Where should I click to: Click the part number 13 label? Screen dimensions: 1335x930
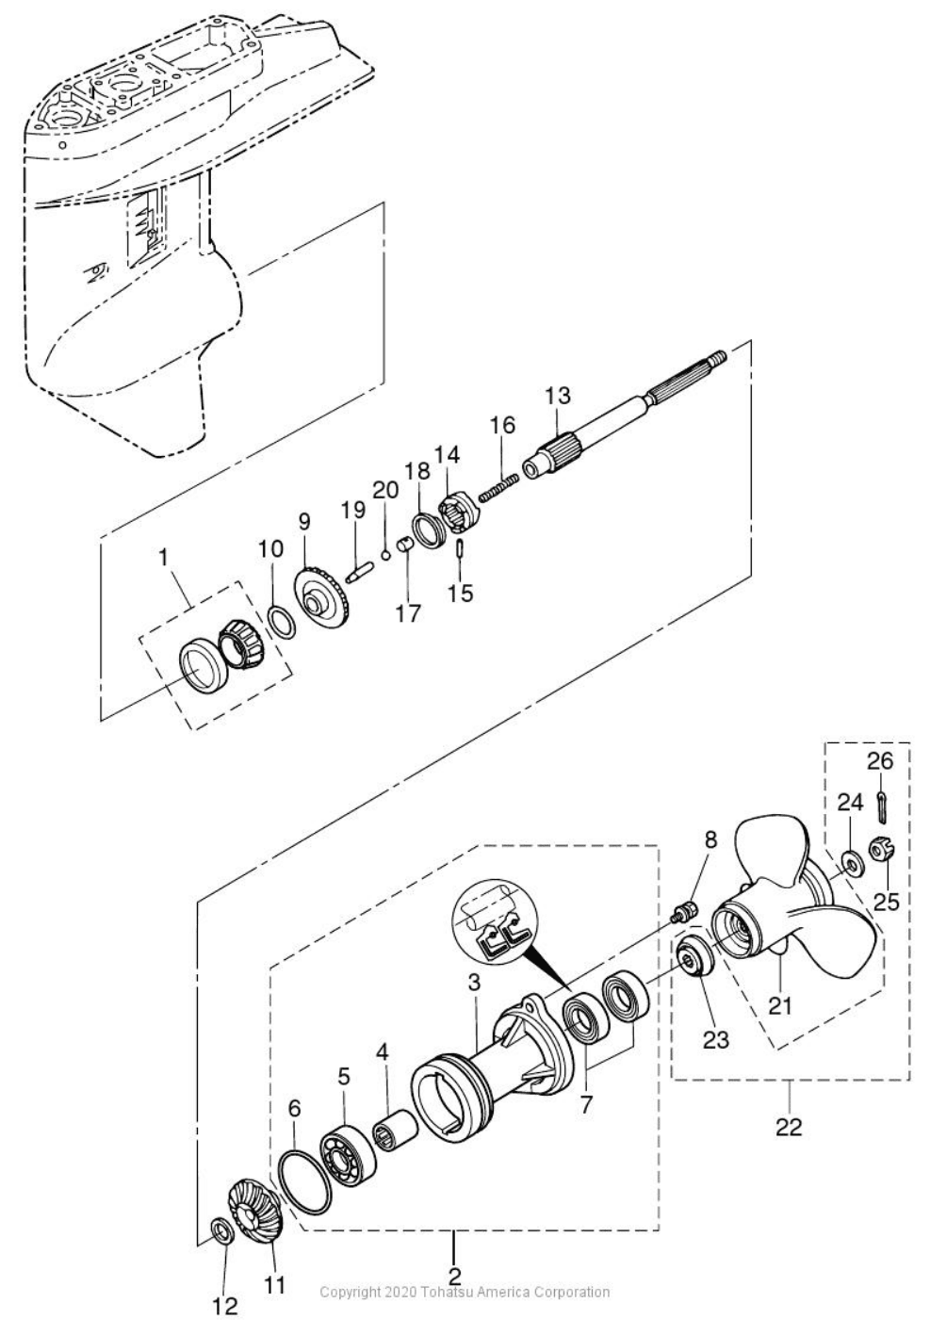coord(558,396)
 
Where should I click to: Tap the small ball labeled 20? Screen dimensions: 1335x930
coord(386,553)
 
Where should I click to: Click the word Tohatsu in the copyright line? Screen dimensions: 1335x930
coord(452,1292)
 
